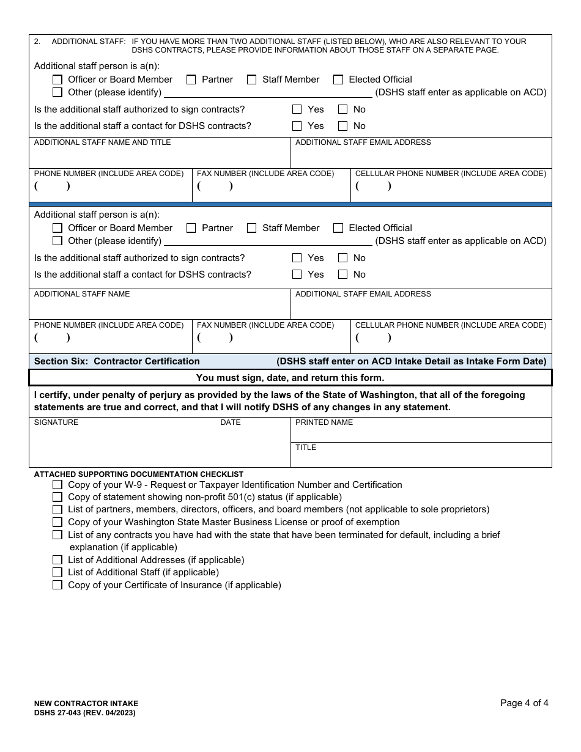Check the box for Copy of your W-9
pos(57,485)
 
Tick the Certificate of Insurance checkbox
pos(57,585)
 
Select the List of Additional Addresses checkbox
pos(57,560)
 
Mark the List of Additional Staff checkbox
pos(57,572)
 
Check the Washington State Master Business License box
pos(57,522)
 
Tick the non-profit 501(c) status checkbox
pos(57,497)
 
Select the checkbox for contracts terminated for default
pos(57,535)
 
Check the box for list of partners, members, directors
pos(57,509)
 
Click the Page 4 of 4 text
pos(524,703)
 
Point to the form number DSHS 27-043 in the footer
pos(84,713)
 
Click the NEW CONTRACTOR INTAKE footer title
pos(86,704)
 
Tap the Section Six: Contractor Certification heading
pos(117,361)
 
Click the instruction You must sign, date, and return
pos(290,378)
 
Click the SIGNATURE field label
pos(56,422)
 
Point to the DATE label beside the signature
pos(231,422)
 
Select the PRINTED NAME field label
pos(324,422)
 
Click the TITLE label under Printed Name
pos(306,448)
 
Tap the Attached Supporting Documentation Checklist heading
pos(139,474)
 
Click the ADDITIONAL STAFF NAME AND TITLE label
pos(102,142)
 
